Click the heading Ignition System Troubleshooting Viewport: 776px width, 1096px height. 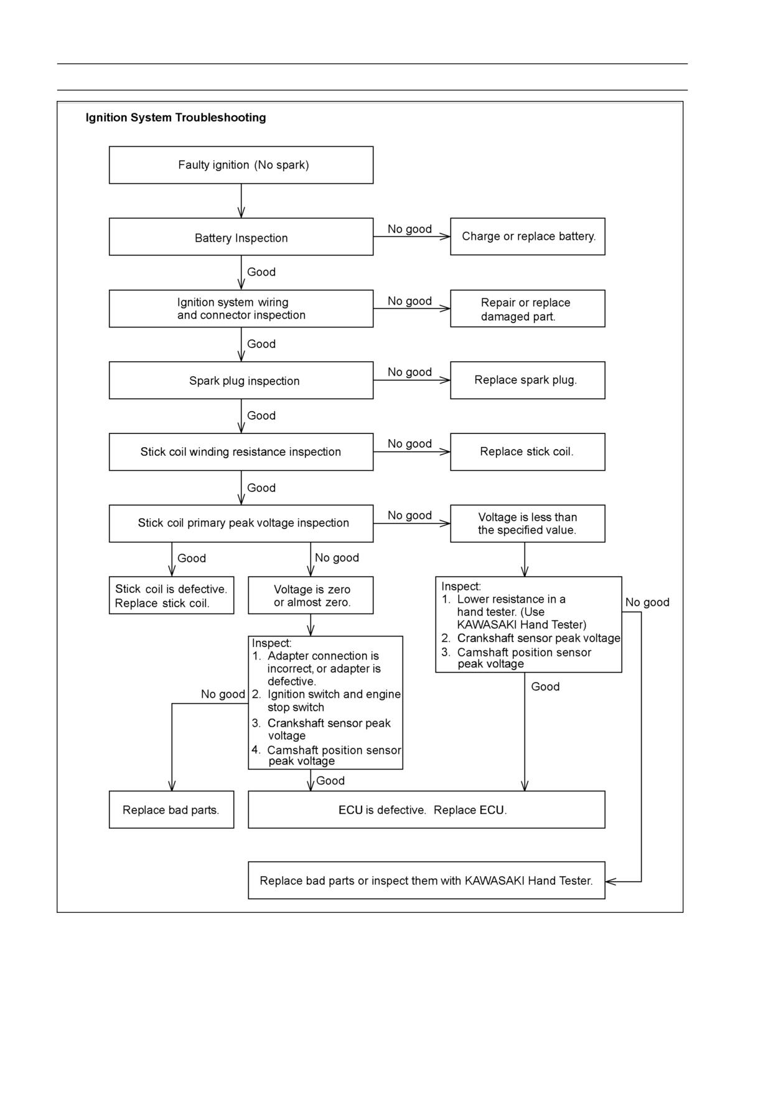tap(175, 118)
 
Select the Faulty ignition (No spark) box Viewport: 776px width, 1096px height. tap(241, 165)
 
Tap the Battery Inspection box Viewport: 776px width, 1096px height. tap(241, 237)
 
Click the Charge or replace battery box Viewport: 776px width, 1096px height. tap(528, 237)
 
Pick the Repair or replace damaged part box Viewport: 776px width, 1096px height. tap(528, 308)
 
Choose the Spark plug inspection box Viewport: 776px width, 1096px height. tap(241, 380)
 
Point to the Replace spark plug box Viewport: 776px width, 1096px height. tap(528, 380)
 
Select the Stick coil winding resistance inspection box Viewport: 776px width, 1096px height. tap(241, 452)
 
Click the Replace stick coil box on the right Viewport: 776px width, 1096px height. tap(528, 452)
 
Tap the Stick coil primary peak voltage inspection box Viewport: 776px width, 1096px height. tap(241, 524)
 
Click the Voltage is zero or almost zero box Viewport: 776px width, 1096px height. tap(311, 595)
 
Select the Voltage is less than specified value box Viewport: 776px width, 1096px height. tap(528, 524)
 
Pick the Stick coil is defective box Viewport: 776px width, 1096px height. tap(171, 595)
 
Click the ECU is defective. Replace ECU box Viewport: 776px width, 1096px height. tap(426, 810)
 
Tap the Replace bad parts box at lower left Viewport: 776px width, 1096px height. tap(171, 810)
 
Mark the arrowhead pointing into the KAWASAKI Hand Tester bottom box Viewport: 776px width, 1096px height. tap(610, 881)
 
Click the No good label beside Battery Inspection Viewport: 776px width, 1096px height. tap(409, 229)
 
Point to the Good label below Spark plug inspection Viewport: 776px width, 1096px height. tap(261, 416)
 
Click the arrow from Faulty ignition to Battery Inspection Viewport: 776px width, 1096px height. tap(241, 201)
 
